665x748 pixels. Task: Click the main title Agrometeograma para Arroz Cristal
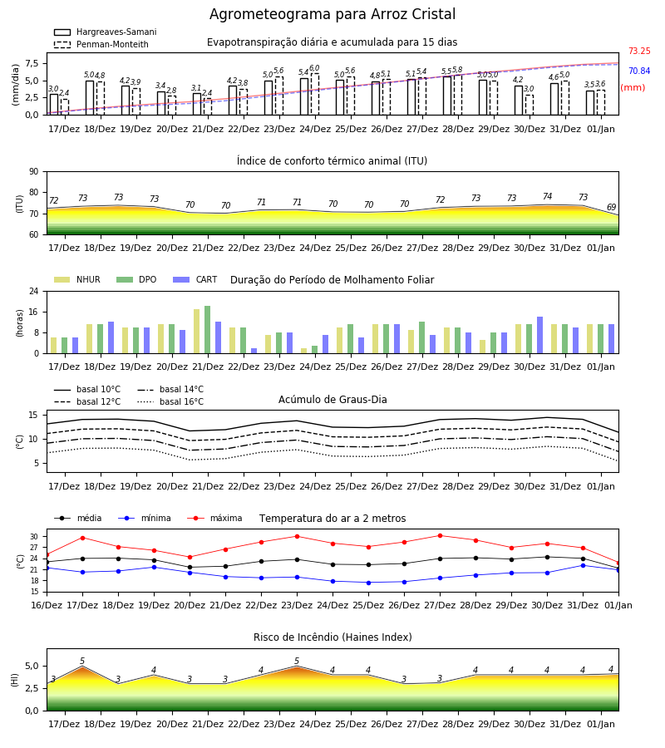tap(332, 14)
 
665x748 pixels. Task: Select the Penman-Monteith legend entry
tap(101, 44)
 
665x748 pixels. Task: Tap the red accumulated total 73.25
tap(639, 51)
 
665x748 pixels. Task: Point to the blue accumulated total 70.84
tap(639, 71)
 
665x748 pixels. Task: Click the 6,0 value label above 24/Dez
tap(314, 68)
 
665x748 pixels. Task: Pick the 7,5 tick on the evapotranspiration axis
tap(32, 63)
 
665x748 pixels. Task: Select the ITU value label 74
tap(547, 196)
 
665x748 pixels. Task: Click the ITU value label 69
tap(611, 207)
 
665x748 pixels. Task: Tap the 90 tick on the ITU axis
tap(34, 172)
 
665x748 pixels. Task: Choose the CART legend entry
tap(195, 279)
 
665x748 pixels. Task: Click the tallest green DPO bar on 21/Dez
tap(208, 330)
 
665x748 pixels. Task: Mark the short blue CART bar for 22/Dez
tap(254, 351)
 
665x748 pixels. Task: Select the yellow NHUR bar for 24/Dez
tap(304, 351)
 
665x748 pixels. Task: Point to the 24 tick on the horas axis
tap(34, 291)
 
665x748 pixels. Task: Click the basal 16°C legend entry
tap(170, 401)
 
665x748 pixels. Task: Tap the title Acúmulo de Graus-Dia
tap(332, 399)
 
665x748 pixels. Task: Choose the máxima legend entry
tap(214, 518)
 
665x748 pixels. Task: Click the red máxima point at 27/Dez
tap(440, 536)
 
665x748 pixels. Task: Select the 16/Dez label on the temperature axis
tap(47, 605)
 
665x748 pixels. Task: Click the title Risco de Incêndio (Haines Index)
tap(332, 637)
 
